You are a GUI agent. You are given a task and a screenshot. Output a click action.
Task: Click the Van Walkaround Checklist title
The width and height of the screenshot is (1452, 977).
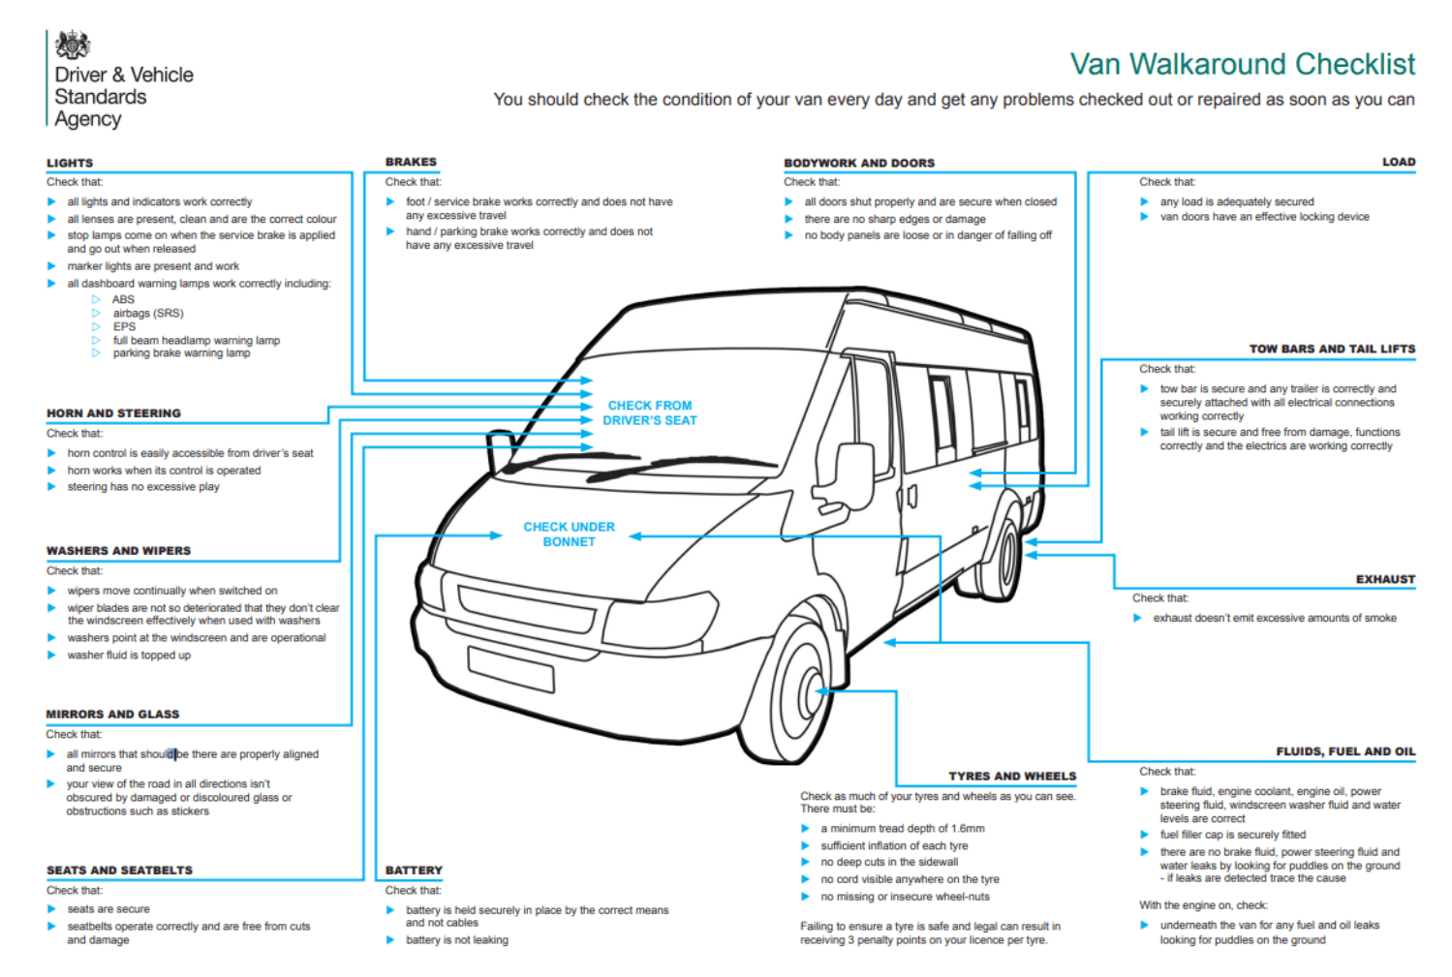[x=1242, y=64]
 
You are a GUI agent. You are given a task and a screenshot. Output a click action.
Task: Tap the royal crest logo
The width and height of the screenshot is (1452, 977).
[x=73, y=45]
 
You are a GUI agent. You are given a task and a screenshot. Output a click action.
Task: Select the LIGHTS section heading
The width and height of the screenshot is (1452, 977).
[x=70, y=163]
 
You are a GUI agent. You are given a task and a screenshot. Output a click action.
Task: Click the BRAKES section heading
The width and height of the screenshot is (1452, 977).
[x=411, y=162]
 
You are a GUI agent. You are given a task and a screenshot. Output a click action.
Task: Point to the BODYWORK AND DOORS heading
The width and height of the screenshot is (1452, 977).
[x=859, y=163]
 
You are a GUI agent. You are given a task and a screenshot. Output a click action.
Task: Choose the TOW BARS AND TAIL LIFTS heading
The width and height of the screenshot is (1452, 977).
[x=1332, y=349]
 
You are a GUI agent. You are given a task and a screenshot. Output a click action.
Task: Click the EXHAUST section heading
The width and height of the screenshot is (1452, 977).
[x=1385, y=579]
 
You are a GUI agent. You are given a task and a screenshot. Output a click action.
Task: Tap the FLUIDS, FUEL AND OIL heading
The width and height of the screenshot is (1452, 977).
[x=1345, y=750]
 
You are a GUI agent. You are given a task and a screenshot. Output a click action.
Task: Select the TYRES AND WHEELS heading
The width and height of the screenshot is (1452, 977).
[x=1012, y=776]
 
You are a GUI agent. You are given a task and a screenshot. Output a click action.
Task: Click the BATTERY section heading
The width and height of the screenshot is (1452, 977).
[x=414, y=870]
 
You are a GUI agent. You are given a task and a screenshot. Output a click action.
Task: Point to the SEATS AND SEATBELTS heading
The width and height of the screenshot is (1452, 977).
[x=119, y=870]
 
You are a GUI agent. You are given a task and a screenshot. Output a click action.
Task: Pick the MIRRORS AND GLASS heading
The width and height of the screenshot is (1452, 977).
[x=112, y=714]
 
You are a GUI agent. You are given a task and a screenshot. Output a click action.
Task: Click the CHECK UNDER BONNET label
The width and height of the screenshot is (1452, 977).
[x=570, y=534]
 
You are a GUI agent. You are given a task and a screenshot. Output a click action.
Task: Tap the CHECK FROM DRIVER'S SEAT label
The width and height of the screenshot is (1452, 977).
[x=650, y=412]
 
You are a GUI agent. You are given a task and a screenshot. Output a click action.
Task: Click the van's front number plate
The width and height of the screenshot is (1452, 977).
[x=510, y=669]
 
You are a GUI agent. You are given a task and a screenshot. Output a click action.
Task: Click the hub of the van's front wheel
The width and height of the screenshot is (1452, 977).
[x=812, y=692]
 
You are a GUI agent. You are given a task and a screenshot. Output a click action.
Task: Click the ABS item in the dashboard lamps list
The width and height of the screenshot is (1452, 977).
[x=123, y=298]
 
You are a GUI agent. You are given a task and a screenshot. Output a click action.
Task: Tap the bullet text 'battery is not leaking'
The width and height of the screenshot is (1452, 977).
[x=457, y=939]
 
